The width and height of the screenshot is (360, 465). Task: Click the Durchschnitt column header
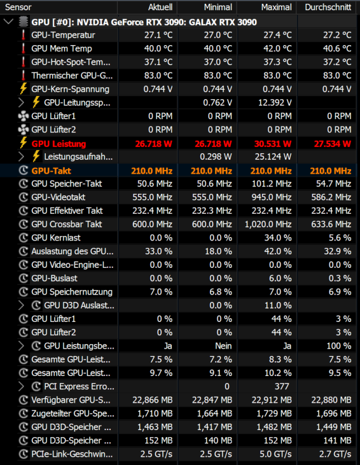point(328,7)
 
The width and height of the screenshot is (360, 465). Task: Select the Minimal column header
point(218,7)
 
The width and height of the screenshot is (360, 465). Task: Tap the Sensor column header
point(18,7)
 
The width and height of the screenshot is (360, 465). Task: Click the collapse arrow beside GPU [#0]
point(9,22)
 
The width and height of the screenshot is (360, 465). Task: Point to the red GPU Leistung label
point(59,144)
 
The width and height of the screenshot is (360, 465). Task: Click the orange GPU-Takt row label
point(52,171)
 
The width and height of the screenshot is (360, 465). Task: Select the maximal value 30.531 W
point(273,144)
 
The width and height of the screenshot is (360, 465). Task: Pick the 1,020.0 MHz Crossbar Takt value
point(268,224)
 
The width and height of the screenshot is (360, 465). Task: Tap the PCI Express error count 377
point(282,386)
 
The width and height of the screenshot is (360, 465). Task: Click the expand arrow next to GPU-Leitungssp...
point(21,102)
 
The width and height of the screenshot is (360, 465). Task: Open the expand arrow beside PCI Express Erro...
point(21,386)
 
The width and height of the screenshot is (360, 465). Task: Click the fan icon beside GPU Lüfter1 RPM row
point(24,116)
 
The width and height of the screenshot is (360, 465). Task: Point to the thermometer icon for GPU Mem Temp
point(23,48)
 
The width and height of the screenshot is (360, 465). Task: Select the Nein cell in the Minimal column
point(224,346)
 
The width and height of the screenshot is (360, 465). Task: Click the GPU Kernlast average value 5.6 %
point(340,238)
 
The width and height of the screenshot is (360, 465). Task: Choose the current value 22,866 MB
point(153,400)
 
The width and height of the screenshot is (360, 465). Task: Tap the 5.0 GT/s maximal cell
point(276,454)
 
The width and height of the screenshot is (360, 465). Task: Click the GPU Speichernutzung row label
point(72,292)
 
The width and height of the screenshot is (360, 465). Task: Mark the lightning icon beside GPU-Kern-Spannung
point(23,88)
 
